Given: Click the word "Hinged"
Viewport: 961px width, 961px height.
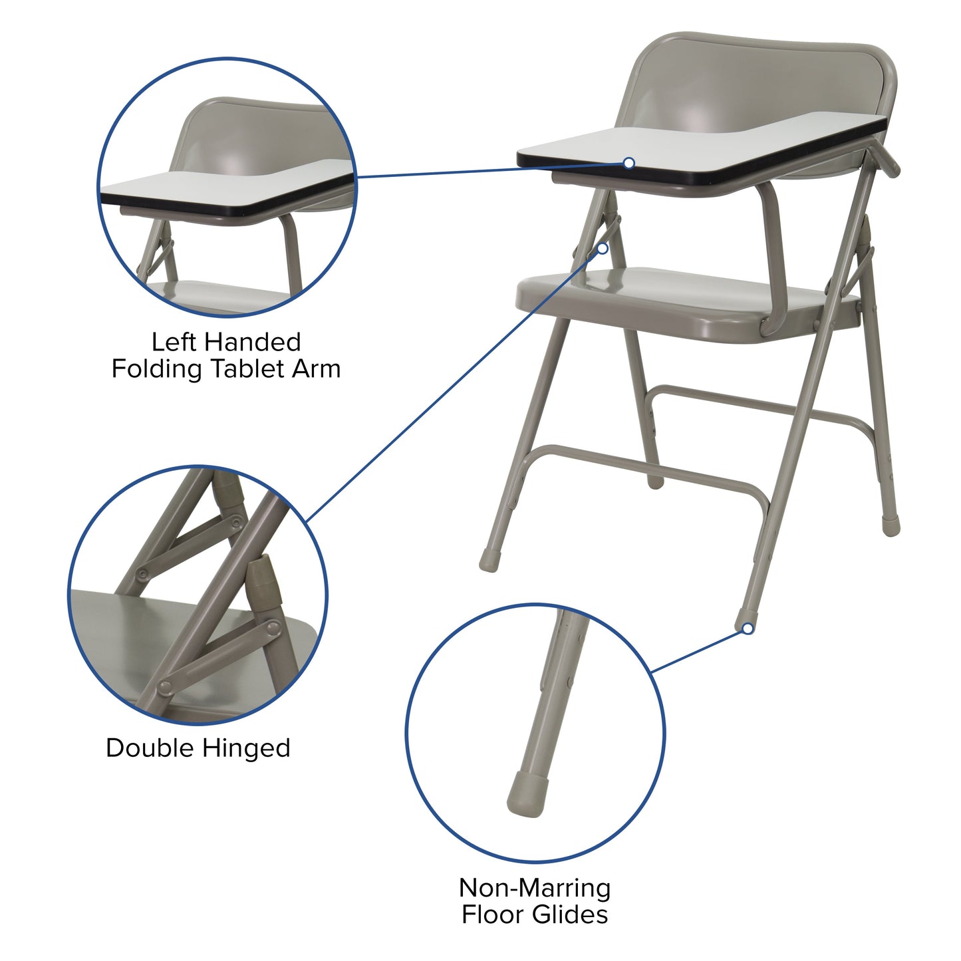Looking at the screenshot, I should click(246, 749).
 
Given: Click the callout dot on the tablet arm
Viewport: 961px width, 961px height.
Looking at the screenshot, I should click(629, 163).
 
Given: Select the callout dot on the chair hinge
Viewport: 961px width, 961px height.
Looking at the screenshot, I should click(603, 248).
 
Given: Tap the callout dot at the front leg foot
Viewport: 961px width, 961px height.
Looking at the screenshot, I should click(748, 628).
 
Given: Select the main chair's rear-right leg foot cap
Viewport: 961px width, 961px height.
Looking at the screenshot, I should click(891, 525).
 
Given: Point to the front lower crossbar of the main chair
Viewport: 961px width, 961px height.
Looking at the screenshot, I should click(638, 466).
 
